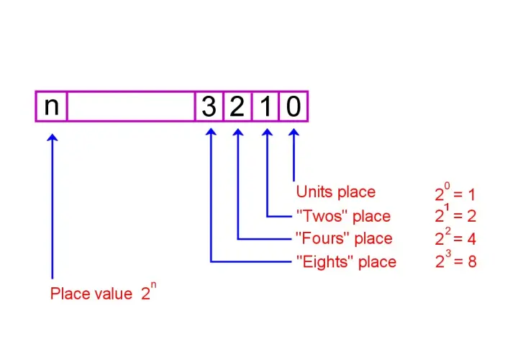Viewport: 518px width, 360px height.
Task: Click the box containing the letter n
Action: pos(51,107)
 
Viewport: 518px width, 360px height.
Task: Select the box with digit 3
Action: pos(209,107)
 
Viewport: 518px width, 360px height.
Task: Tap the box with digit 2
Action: pos(237,107)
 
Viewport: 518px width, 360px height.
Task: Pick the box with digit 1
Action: pos(265,107)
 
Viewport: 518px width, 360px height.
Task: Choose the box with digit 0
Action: pos(294,107)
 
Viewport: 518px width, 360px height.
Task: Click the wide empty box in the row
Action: pos(131,107)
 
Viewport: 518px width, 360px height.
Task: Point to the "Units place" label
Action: pos(336,192)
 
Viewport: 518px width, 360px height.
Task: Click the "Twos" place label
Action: pos(344,216)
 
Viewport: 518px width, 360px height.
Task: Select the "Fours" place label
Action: pos(344,238)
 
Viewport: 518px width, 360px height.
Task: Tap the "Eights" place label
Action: pos(346,262)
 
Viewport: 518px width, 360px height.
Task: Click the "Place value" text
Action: pos(91,294)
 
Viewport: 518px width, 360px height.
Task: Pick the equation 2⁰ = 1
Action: pos(455,192)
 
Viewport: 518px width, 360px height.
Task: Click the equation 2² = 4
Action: pos(455,237)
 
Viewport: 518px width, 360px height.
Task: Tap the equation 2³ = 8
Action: pos(456,259)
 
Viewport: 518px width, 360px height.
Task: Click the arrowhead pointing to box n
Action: pos(53,138)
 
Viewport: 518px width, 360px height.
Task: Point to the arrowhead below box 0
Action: pos(294,132)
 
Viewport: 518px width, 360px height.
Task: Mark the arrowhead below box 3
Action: pos(211,132)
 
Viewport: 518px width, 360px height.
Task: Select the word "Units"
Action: pos(312,192)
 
